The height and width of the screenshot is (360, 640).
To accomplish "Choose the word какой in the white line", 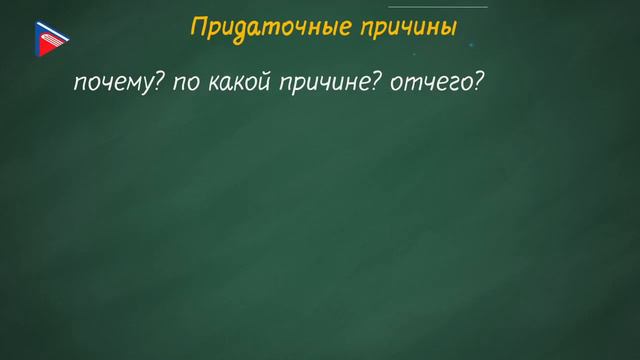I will (x=236, y=84).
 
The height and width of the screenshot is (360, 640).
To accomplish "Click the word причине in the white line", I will (x=317, y=85).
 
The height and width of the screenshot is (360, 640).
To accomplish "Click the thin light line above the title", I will (x=440, y=7).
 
